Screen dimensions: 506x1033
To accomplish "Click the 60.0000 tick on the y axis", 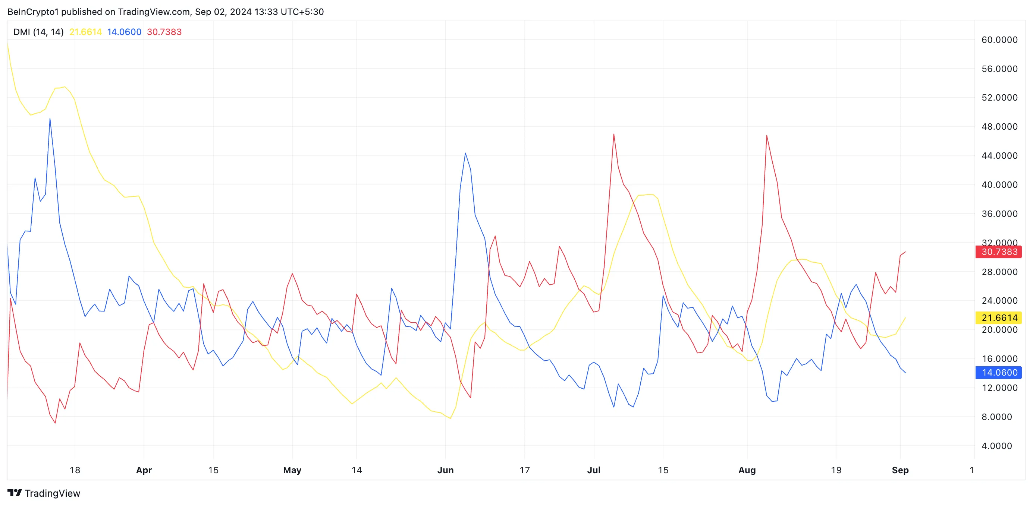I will tap(999, 39).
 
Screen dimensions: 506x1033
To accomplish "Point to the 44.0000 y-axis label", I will tap(999, 155).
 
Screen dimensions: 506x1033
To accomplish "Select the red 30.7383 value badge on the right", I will tap(999, 252).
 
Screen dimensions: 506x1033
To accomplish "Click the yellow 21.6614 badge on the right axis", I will tap(999, 318).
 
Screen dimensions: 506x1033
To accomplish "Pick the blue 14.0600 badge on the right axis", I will tap(999, 373).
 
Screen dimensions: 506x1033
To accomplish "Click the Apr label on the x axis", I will tap(144, 470).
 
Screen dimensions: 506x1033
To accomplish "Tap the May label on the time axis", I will tap(292, 470).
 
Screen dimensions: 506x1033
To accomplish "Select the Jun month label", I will tap(445, 470).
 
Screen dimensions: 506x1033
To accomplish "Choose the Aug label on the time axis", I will tap(747, 470).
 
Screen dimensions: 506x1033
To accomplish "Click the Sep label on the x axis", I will tap(900, 470).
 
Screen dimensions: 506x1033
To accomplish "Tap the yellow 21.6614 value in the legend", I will tap(85, 32).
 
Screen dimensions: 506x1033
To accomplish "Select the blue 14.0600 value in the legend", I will tap(124, 32).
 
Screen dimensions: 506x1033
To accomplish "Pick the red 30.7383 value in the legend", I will tap(164, 32).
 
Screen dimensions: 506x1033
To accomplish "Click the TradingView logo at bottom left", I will tap(44, 493).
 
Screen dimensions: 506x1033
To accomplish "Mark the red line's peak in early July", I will tap(613, 134).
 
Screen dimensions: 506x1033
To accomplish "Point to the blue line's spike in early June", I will tap(465, 153).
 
